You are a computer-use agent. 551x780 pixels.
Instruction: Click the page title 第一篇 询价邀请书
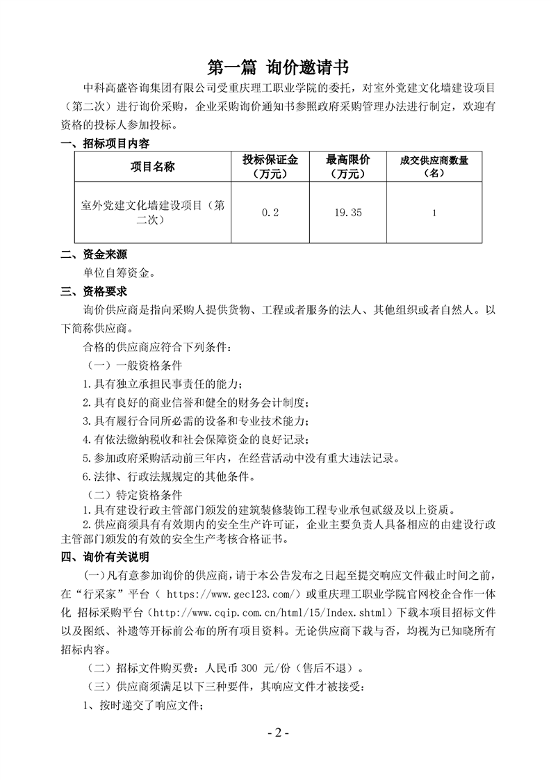pyautogui.click(x=275, y=67)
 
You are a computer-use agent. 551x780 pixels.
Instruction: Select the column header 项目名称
pyautogui.click(x=152, y=167)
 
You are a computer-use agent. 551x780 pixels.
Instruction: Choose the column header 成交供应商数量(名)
pyautogui.click(x=434, y=167)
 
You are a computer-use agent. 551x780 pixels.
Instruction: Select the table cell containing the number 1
pyautogui.click(x=434, y=213)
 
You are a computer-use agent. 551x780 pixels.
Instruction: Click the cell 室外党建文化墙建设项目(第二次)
pyautogui.click(x=152, y=213)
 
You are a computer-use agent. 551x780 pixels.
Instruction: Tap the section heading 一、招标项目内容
pyautogui.click(x=105, y=144)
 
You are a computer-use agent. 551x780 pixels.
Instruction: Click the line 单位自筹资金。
pyautogui.click(x=119, y=273)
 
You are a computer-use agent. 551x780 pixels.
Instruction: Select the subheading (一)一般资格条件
pyautogui.click(x=135, y=364)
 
